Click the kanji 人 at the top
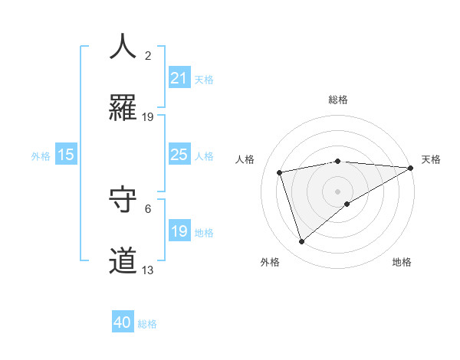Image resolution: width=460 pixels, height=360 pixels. (123, 47)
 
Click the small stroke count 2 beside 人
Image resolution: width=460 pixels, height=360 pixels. (148, 55)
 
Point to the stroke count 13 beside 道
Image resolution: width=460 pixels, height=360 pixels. (148, 270)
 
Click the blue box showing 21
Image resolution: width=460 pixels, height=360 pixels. (179, 78)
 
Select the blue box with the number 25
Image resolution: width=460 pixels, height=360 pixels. (179, 155)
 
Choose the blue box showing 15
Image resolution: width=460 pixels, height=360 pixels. (66, 155)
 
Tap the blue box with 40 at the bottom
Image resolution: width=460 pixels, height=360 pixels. (123, 323)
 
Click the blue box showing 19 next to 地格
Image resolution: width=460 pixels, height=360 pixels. (179, 231)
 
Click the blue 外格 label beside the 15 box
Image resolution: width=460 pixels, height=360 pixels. (41, 155)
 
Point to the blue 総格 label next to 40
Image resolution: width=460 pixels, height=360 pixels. (147, 324)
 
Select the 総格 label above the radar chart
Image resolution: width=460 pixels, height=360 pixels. (337, 100)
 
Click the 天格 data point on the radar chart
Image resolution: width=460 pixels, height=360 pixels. (411, 168)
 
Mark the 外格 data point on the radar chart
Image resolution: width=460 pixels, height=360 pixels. (301, 242)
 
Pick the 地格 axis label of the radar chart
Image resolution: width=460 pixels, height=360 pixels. (402, 263)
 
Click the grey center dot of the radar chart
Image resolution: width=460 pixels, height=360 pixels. (337, 191)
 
